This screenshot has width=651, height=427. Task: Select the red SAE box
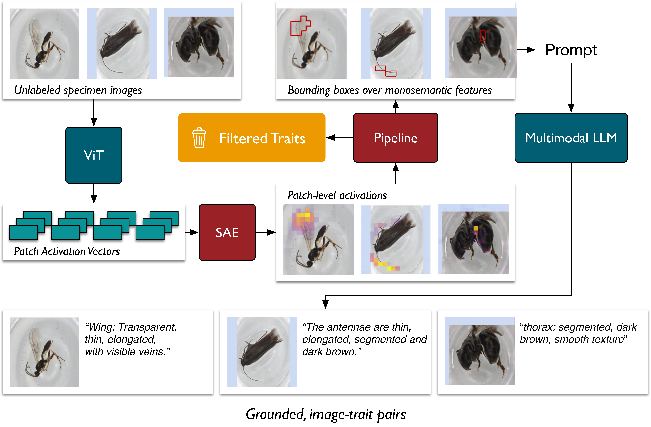click(x=227, y=232)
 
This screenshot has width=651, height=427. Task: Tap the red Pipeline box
click(x=396, y=138)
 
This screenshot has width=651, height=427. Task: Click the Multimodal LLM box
click(x=571, y=138)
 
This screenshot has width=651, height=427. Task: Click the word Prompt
click(x=571, y=50)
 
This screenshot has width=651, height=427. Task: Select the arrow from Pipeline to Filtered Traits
click(x=339, y=138)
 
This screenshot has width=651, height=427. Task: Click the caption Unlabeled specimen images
click(x=78, y=90)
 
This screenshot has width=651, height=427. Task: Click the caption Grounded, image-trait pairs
click(x=326, y=414)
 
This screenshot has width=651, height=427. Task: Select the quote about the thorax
click(x=578, y=333)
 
